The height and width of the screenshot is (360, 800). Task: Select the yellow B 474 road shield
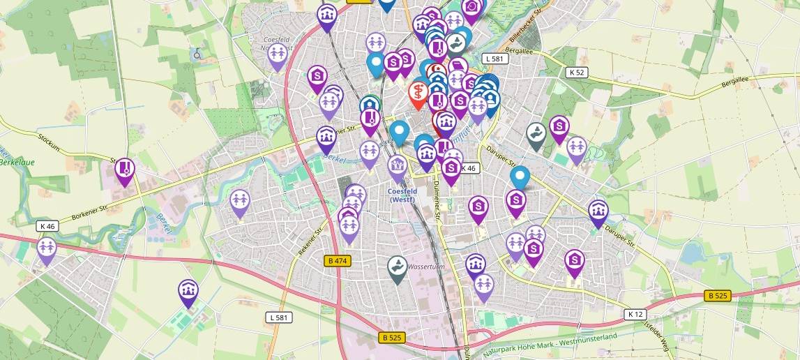(x=338, y=261)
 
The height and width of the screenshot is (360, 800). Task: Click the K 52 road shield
(x=577, y=72)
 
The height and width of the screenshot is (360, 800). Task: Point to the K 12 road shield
(x=635, y=314)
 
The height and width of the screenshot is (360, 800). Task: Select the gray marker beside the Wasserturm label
(x=398, y=269)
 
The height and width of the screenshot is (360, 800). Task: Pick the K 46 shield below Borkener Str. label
(x=48, y=226)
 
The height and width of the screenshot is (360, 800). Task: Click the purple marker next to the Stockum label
(x=125, y=170)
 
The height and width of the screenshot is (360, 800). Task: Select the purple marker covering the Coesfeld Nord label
(x=278, y=55)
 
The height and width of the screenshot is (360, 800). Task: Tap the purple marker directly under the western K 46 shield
(x=47, y=250)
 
